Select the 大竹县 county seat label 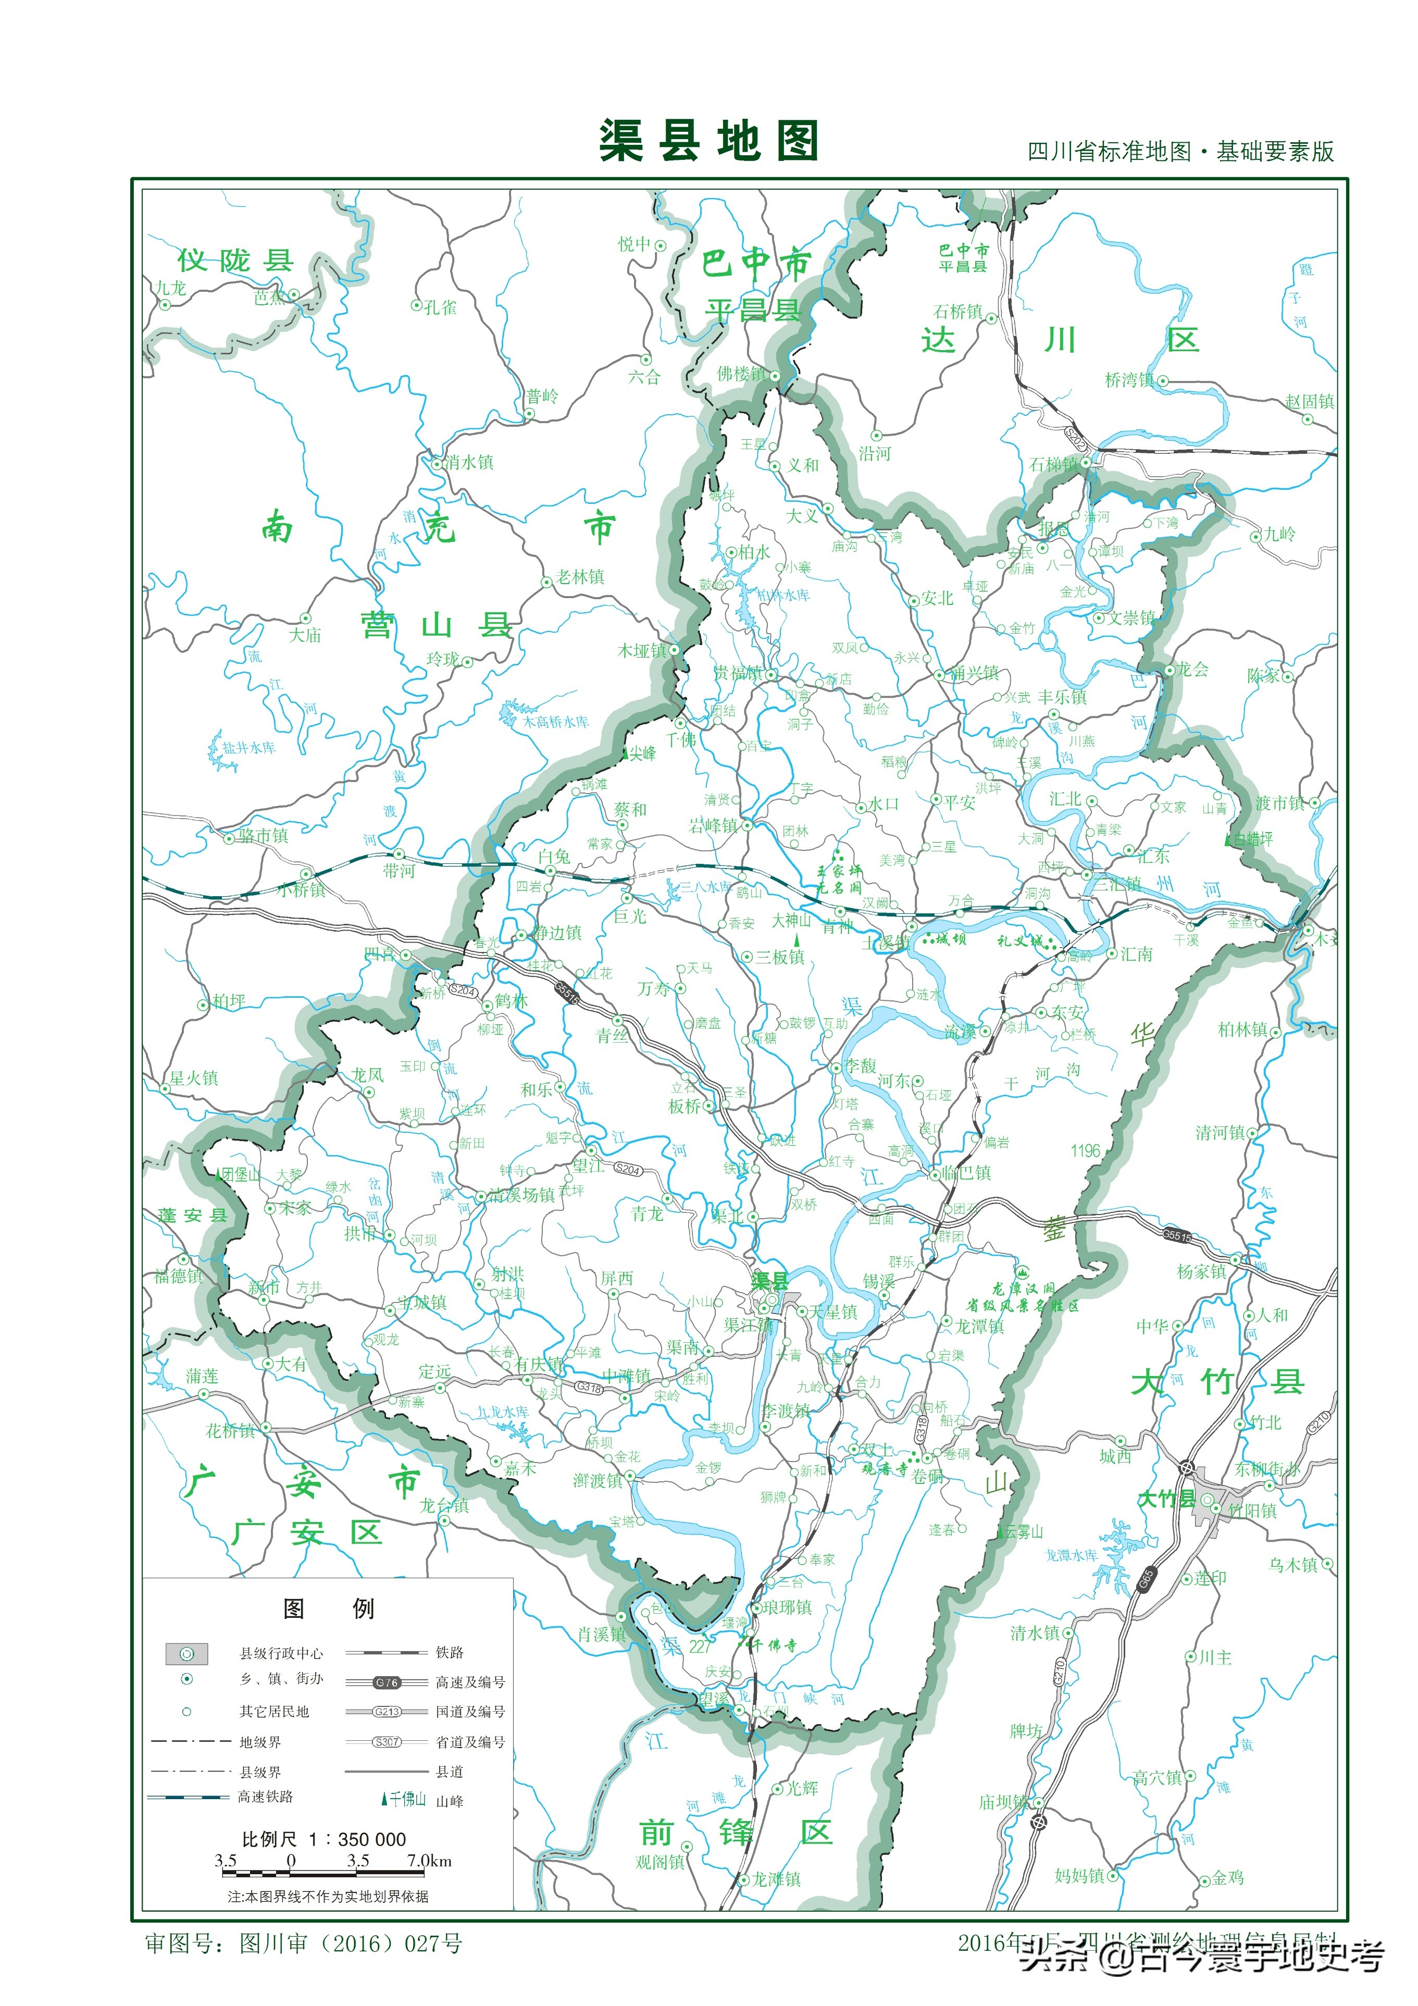click(1165, 1499)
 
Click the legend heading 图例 click(328, 1608)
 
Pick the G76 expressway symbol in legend click(386, 1682)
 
